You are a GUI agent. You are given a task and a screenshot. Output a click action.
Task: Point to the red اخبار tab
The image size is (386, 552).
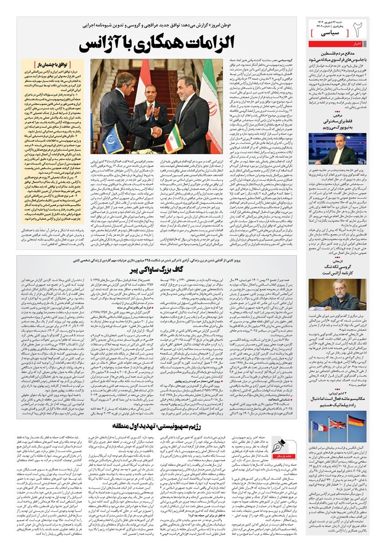point(358,44)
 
